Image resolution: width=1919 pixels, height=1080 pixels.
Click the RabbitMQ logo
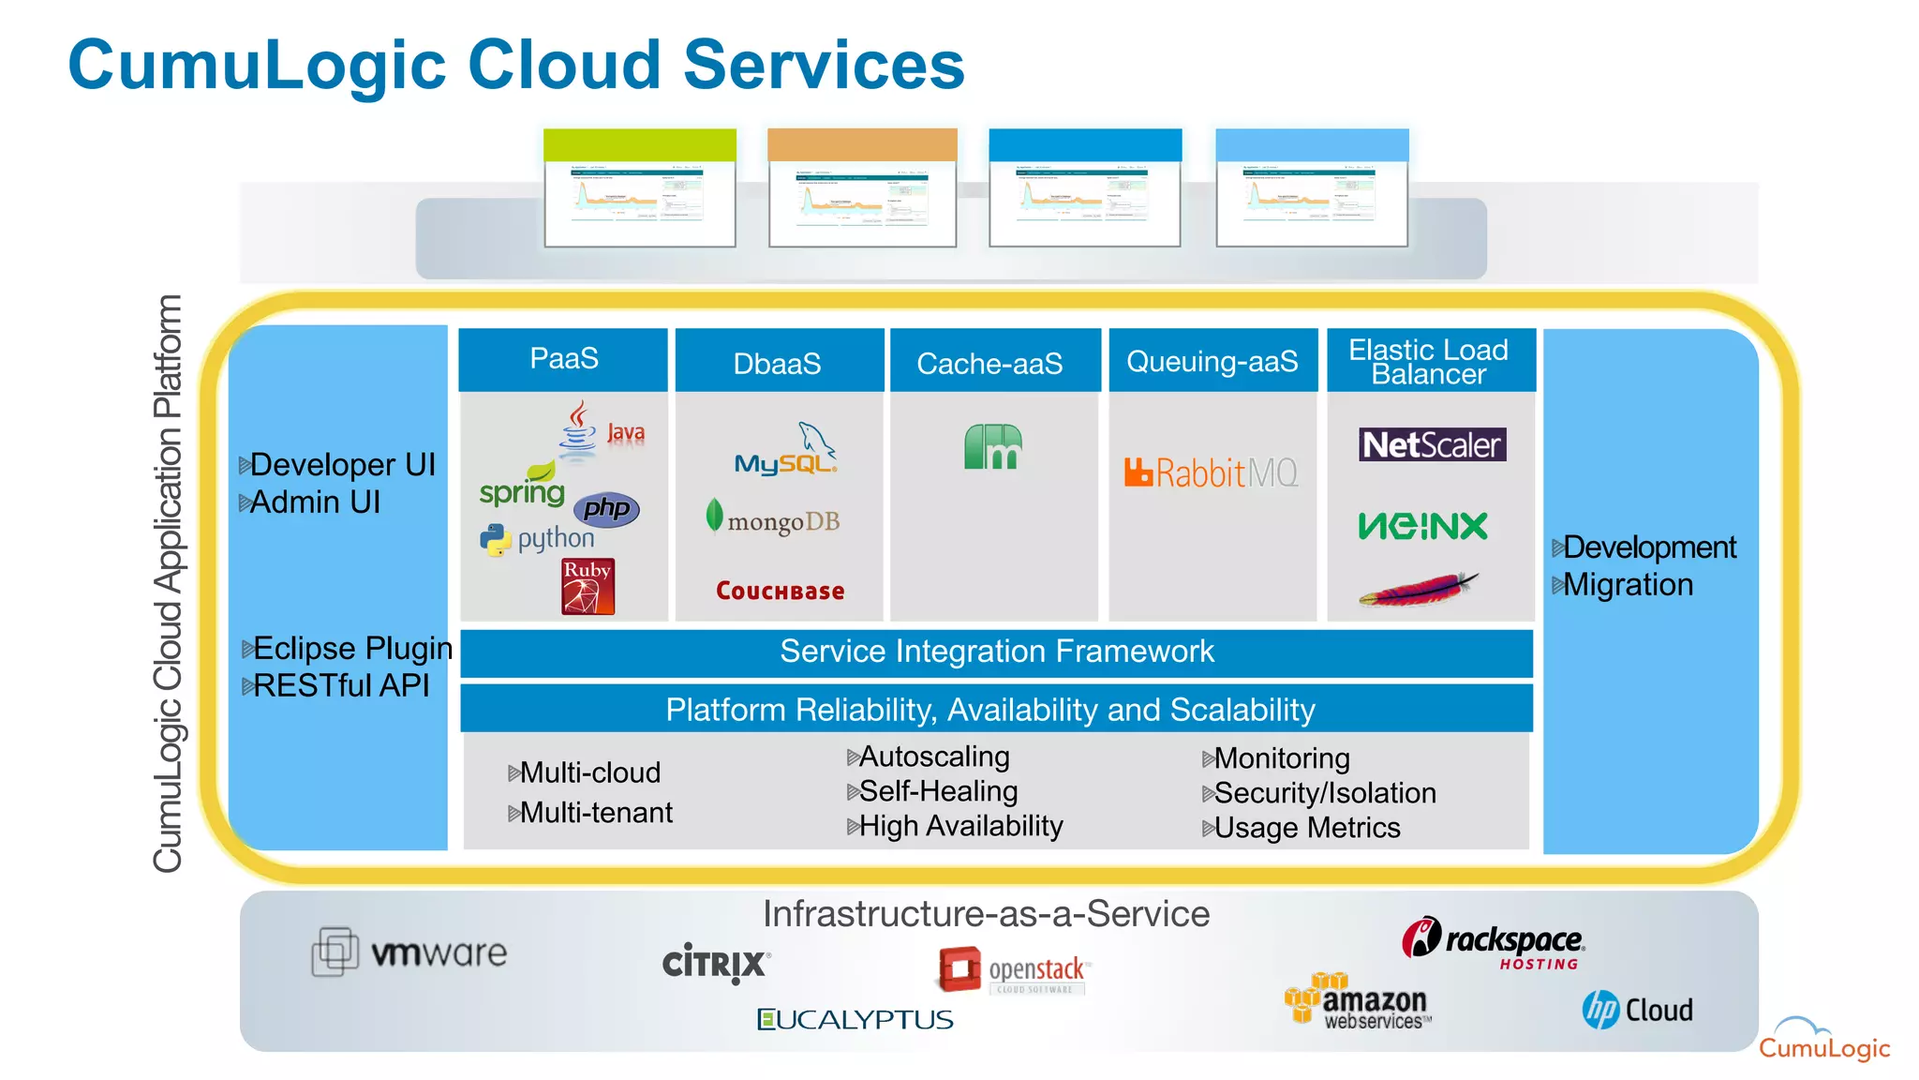(x=1211, y=472)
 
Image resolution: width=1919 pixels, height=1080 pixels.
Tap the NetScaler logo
(x=1432, y=444)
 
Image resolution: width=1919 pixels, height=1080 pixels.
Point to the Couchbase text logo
(x=780, y=591)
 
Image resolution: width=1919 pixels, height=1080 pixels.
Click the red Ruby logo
(x=588, y=587)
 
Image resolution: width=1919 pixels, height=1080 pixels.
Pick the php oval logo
(x=606, y=509)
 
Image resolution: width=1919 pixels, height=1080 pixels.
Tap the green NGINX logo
(x=1422, y=526)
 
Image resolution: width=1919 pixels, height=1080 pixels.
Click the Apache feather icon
(x=1419, y=590)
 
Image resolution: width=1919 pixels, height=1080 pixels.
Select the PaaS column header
(x=563, y=359)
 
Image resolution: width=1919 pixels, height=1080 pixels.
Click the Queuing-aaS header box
(x=1212, y=361)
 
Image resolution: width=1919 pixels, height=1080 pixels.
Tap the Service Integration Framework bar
(x=996, y=652)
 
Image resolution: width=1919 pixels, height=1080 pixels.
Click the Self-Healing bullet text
(x=937, y=791)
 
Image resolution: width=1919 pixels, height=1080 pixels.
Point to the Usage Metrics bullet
(x=1306, y=828)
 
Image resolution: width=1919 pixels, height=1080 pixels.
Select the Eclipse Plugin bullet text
(x=351, y=649)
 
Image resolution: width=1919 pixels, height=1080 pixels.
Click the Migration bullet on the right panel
(x=1627, y=585)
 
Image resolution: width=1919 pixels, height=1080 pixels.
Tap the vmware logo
(x=409, y=952)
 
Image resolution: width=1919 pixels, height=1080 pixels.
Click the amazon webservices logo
(x=1359, y=1003)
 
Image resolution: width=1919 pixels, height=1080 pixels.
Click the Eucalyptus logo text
(x=855, y=1020)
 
